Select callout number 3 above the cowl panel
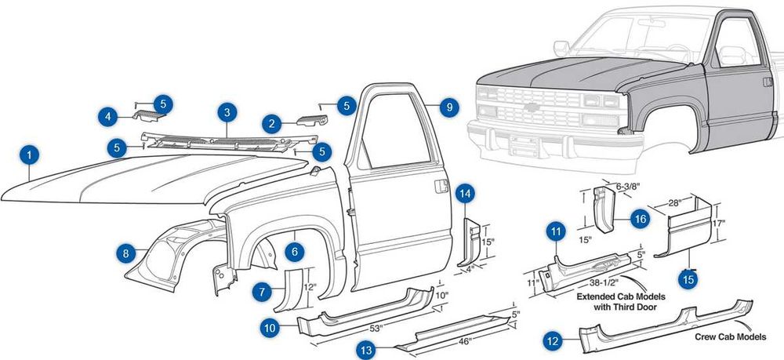(227, 112)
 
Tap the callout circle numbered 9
(448, 107)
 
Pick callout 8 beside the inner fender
(125, 253)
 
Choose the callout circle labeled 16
(640, 220)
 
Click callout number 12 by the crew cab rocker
(554, 340)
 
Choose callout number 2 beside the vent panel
(272, 123)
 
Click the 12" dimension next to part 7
(310, 288)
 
